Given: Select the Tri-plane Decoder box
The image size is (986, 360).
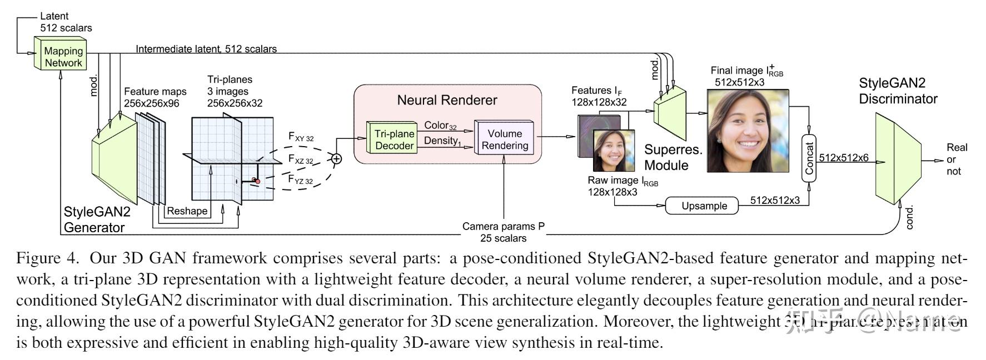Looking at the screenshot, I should tap(394, 139).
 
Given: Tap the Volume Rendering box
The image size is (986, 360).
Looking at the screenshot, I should tap(504, 139).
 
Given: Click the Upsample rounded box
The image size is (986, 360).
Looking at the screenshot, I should tap(704, 206).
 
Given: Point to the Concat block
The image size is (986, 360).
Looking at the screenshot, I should tap(809, 158).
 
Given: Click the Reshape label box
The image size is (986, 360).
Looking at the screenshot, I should tap(187, 211).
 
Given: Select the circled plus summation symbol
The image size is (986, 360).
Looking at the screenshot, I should tap(336, 159).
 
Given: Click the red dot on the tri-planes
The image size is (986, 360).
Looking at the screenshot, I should tap(257, 181).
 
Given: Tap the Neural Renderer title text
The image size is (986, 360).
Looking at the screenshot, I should tap(447, 100).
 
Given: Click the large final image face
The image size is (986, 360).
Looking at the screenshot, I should tap(748, 131).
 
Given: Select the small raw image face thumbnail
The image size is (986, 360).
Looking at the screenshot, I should tap(614, 150).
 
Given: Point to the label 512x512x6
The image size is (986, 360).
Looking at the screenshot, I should tap(843, 158).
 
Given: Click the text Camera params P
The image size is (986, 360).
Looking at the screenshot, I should tap(503, 227).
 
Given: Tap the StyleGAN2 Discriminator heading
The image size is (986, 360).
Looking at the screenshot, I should tap(898, 91).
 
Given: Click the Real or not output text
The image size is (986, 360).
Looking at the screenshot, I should tap(957, 159).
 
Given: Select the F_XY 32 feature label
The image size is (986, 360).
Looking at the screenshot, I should tap(301, 137).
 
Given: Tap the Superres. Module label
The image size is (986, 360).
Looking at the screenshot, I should tap(673, 158).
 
